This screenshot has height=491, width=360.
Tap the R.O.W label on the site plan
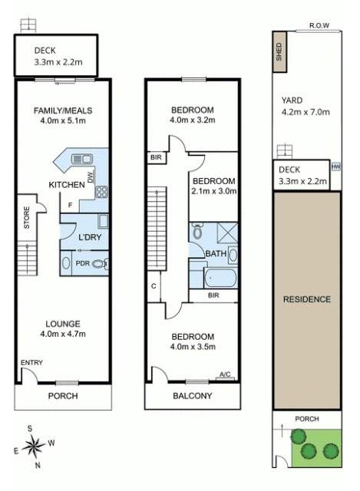(x=319, y=26)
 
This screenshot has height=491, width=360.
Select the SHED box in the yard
(x=279, y=52)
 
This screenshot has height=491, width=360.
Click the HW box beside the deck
(x=335, y=166)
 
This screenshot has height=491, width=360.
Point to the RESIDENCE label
(x=306, y=298)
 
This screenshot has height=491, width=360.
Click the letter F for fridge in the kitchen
(x=70, y=206)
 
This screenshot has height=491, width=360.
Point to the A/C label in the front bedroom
(x=225, y=374)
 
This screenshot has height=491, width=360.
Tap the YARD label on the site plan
(x=291, y=101)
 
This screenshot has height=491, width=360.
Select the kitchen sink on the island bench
(x=79, y=160)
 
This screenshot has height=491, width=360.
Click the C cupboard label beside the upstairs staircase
(x=154, y=285)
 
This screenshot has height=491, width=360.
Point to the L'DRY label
(x=91, y=238)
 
